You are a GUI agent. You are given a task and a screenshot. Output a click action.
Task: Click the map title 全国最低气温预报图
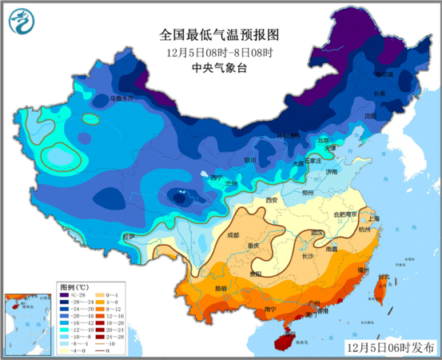[x=221, y=35]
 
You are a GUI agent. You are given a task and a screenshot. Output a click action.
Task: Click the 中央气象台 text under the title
[x=221, y=68]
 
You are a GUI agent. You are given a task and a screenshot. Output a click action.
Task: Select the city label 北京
[x=323, y=140]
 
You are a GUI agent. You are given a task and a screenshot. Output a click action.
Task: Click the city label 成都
[x=233, y=235]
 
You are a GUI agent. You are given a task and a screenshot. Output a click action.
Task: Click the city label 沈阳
[x=369, y=116]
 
